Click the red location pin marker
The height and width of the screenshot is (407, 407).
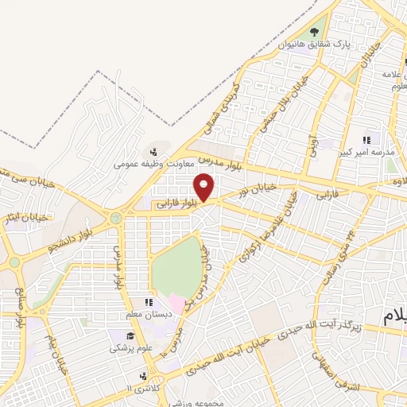tap(205, 188)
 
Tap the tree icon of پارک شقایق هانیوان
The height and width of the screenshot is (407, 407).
tap(316, 32)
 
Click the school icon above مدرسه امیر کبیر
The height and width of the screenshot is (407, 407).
tap(366, 140)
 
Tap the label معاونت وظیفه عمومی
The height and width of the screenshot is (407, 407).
tap(149, 165)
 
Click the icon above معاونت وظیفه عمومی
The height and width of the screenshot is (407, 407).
tap(153, 152)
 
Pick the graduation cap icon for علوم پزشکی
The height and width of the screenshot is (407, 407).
tap(118, 335)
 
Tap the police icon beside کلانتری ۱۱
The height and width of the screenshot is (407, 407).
tap(143, 376)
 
